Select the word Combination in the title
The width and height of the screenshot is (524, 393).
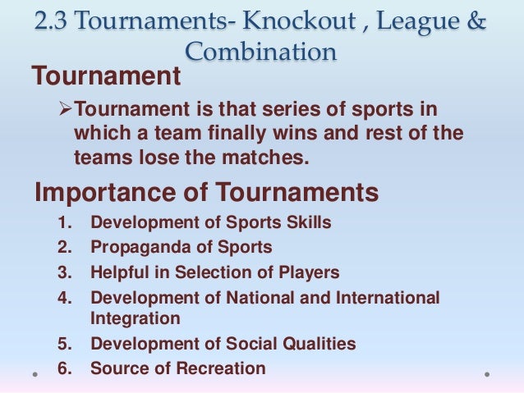[260, 52]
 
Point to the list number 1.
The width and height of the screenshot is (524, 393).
[65, 223]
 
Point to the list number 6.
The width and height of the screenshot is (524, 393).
[65, 368]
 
